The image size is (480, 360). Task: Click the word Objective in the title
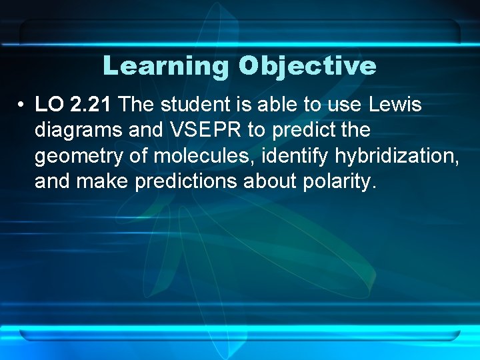click(x=307, y=66)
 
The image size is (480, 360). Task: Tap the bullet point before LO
click(x=23, y=105)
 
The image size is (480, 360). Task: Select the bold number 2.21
click(x=89, y=105)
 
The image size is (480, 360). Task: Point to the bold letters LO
click(x=48, y=105)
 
